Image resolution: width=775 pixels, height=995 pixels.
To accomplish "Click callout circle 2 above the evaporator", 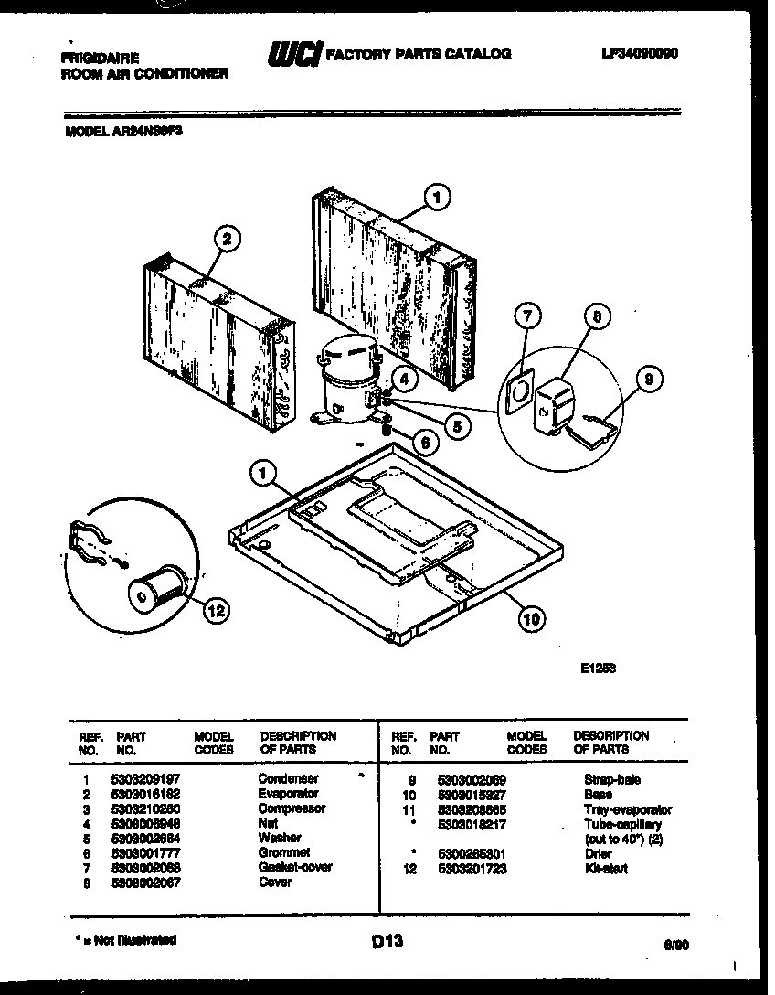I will click(x=227, y=240).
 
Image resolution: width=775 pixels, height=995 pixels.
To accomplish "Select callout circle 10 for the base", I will click(x=531, y=619).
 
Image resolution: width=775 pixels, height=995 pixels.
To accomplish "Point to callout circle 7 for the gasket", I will click(x=526, y=316).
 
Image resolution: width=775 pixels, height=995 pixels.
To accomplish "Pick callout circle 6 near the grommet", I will click(x=423, y=442).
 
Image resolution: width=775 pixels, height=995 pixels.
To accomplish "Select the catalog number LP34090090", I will click(x=642, y=54).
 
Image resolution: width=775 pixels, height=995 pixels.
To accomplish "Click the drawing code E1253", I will click(x=598, y=669).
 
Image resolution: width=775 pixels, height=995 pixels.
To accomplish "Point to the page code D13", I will click(x=388, y=940).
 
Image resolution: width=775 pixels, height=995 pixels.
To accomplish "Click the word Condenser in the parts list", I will click(x=288, y=779).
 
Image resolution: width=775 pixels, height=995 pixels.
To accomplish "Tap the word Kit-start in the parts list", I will click(x=605, y=869).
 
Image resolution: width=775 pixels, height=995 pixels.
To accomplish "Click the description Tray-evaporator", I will click(x=627, y=810).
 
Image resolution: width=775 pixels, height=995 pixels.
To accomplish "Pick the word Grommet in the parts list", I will click(x=284, y=852).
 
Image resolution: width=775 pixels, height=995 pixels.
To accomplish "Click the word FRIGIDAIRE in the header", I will click(x=100, y=57).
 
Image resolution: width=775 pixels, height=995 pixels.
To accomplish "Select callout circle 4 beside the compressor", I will click(x=403, y=376).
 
